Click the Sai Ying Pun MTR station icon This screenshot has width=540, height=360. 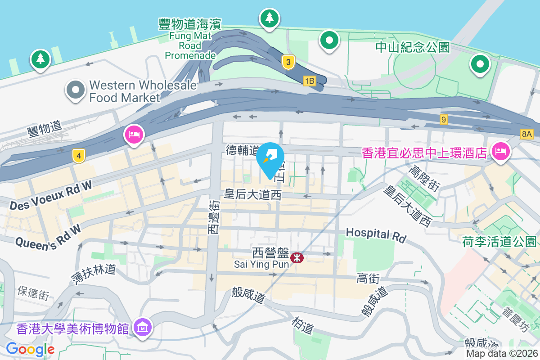pos(297,258)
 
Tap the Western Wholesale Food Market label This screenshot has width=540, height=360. pos(143,91)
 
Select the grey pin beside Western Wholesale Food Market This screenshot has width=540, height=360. pos(75,90)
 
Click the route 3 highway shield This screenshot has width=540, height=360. pos(288,62)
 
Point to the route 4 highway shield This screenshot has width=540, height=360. pos(79,157)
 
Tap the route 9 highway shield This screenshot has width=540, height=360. pos(444,120)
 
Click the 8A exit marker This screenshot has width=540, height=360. pos(527,134)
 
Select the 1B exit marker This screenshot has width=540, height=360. pos(310,81)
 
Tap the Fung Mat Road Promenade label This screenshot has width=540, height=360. pos(190,39)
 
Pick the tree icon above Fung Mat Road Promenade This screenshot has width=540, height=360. pos(270,18)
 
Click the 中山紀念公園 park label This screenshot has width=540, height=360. pos(413,47)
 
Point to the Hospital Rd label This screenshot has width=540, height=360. pos(376,234)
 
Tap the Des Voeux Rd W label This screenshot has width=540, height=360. pos(50,198)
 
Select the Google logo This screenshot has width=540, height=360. pos(30,349)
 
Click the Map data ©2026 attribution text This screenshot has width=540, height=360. pos(502,354)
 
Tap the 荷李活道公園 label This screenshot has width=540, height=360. pos(499,242)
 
